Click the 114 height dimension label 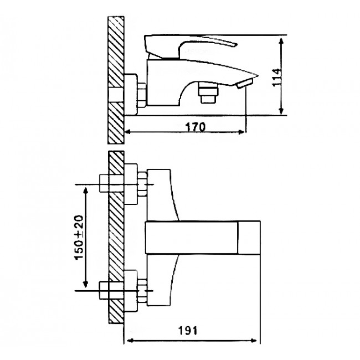point(276,78)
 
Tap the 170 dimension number point(196,127)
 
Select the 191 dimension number point(188,331)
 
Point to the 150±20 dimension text point(79,238)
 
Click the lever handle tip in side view point(235,44)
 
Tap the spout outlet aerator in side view point(245,83)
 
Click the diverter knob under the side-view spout point(208,92)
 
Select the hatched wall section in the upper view point(116,80)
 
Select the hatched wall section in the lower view point(116,237)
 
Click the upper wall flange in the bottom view point(131,184)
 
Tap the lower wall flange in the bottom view point(131,291)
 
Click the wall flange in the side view point(131,94)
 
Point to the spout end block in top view point(249,238)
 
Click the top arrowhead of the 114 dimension point(281,41)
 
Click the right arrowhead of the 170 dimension point(242,132)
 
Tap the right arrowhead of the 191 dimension point(254,341)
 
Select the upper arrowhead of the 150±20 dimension point(86,191)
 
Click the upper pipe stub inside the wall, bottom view point(112,183)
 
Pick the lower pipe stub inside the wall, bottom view point(112,290)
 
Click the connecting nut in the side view point(142,95)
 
